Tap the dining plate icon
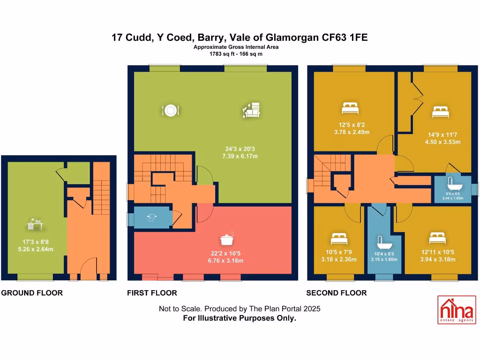[170, 110]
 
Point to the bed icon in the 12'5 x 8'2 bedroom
[350, 109]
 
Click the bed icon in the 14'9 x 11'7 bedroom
[440, 112]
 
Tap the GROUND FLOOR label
[32, 293]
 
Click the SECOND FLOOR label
[336, 293]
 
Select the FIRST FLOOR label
[152, 293]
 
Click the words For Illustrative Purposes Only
[240, 318]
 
